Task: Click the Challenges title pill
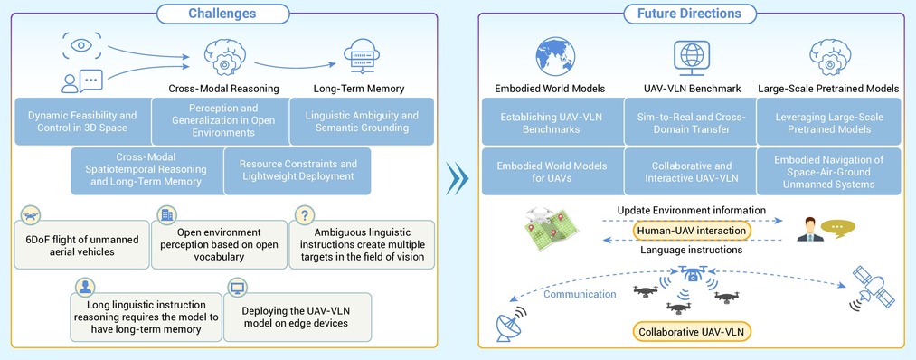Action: tap(223, 14)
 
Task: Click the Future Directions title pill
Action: tap(689, 14)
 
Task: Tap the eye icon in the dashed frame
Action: tap(81, 45)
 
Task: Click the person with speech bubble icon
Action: tap(82, 81)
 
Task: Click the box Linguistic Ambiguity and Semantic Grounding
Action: tap(362, 121)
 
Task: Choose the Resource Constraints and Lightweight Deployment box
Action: tap(297, 171)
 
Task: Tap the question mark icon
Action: tap(305, 215)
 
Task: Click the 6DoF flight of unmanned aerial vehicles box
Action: tap(81, 245)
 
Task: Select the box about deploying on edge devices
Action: tap(297, 317)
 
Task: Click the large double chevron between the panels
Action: tap(458, 180)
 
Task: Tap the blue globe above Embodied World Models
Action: tap(555, 57)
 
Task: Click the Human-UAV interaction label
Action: tap(692, 231)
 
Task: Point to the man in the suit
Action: tap(809, 229)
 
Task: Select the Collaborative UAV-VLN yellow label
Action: tap(692, 331)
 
